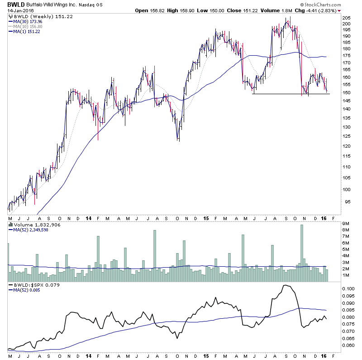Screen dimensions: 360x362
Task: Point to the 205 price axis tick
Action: pyautogui.click(x=347, y=24)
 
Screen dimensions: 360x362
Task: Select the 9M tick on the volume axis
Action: pyautogui.click(x=346, y=224)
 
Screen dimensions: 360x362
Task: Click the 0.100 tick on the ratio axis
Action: pyautogui.click(x=348, y=288)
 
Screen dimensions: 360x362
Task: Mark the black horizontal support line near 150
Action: pyautogui.click(x=290, y=94)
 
